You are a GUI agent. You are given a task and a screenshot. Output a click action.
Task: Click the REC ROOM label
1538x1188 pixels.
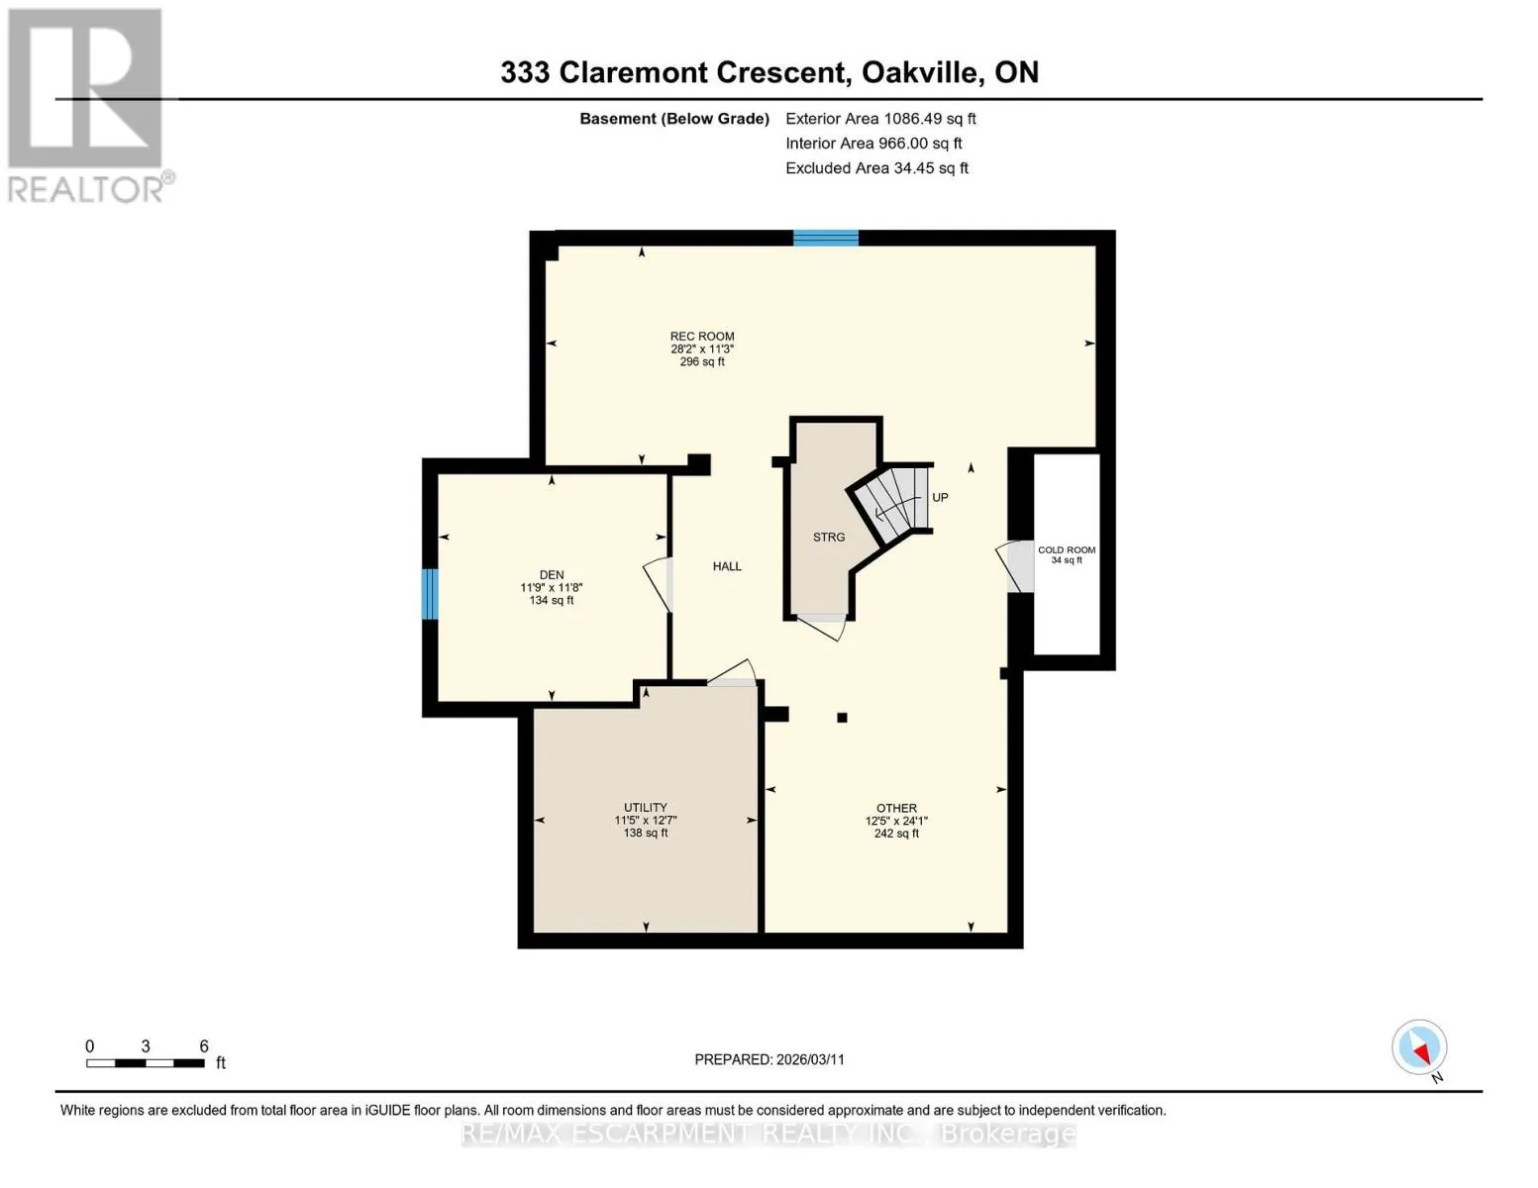[702, 336]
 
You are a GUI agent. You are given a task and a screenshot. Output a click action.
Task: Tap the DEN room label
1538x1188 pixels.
[552, 574]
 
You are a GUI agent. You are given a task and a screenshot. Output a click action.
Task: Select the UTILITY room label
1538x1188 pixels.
[646, 807]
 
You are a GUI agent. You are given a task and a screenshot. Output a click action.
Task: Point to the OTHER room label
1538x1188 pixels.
[896, 808]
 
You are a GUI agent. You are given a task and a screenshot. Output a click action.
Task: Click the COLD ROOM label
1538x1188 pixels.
[1067, 549]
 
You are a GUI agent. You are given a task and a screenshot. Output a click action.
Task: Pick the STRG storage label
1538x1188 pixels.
[829, 537]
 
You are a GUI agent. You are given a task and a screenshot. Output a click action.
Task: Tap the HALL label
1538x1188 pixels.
[727, 566]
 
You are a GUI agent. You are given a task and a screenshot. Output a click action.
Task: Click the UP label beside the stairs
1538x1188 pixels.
[940, 497]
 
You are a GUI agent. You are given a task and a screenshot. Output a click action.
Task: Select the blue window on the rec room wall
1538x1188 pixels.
[825, 238]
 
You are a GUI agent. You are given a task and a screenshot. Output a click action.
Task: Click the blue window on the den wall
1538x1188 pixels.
[430, 594]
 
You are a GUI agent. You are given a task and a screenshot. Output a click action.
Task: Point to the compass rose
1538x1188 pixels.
[1419, 1047]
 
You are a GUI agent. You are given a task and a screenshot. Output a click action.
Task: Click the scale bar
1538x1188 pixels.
[146, 1063]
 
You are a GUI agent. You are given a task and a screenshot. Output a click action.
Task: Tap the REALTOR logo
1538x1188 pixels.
[88, 106]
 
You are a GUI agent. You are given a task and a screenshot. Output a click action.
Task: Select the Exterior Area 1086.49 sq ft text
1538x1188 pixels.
[880, 119]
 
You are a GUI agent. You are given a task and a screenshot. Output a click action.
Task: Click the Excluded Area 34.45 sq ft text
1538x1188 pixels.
[876, 168]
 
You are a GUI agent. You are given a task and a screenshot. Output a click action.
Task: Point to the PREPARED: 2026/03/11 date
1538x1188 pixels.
[769, 1059]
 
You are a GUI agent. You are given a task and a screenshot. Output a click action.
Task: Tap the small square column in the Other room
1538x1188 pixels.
[842, 718]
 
